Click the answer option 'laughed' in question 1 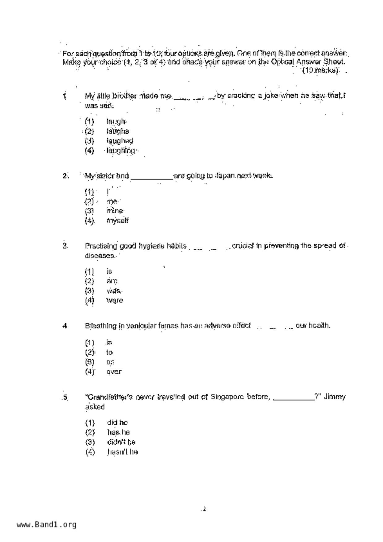coord(120,141)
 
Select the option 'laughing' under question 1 coord(120,151)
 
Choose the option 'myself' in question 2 coord(117,221)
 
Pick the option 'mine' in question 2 coord(115,211)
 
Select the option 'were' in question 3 coord(115,300)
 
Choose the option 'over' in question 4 coord(114,372)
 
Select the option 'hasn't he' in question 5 coord(122,452)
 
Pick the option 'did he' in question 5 coord(117,422)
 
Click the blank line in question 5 coord(294,399)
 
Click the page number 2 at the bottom coord(204,509)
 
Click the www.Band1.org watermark coord(46,524)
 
